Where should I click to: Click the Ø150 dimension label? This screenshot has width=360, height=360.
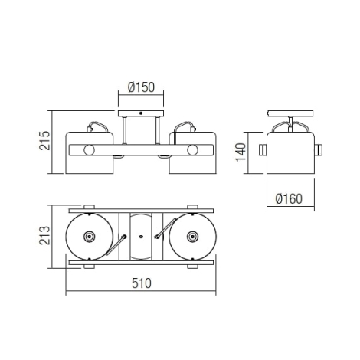click(x=141, y=87)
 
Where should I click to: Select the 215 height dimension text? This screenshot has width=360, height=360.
click(x=44, y=140)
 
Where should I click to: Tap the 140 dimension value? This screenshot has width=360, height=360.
click(x=241, y=152)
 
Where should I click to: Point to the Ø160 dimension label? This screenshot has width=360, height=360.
click(x=289, y=199)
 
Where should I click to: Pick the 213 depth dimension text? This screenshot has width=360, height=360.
click(x=44, y=235)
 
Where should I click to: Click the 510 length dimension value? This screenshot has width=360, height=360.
click(x=142, y=283)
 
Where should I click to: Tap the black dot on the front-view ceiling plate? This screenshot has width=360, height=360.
click(x=141, y=113)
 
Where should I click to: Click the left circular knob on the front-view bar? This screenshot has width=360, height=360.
click(x=89, y=150)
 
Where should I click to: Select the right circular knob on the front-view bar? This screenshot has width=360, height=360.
click(x=192, y=150)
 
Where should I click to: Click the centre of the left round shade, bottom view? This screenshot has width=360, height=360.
click(x=89, y=237)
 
